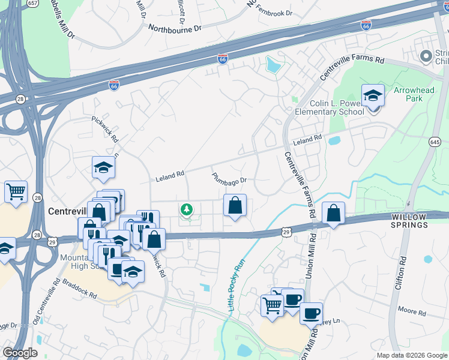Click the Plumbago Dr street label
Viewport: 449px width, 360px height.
pos(229,178)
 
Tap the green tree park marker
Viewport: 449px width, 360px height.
pos(187,209)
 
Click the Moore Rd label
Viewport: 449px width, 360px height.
pos(412,313)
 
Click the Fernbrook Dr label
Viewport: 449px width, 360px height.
pos(273,13)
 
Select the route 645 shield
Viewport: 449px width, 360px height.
pos(435,141)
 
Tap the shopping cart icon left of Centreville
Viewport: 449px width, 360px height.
pos(16,192)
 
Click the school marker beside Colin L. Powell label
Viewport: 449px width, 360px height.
pos(373,95)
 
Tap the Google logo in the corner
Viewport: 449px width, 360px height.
pos(20,353)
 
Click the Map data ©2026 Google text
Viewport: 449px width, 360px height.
pos(412,355)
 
